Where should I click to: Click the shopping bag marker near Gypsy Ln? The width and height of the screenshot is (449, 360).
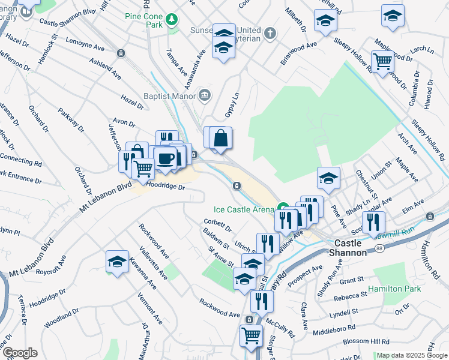coord(221,138)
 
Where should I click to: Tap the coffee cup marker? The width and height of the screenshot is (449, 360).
coord(165,159)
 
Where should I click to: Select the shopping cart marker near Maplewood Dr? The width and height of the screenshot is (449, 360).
coord(382,61)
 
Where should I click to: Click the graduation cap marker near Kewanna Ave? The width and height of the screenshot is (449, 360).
coord(117,261)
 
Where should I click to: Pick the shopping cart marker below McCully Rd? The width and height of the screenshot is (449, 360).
coord(251,336)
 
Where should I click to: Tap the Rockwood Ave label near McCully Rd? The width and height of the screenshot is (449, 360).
coord(220,308)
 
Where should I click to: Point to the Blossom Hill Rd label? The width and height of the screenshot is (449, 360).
coord(360,341)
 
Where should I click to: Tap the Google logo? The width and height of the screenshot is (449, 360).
coord(19,353)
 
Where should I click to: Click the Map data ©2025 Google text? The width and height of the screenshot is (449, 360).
coord(412,356)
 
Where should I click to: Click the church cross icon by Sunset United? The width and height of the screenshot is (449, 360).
coord(271,32)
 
